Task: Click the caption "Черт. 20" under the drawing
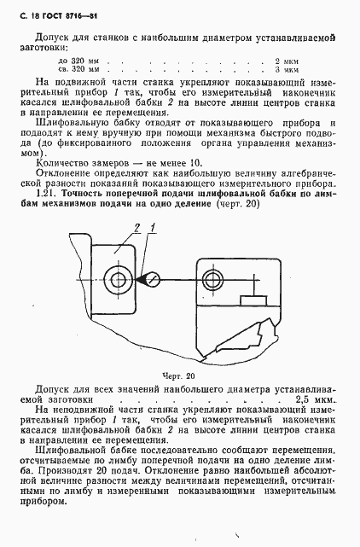[x=179, y=375]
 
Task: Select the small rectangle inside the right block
[x=254, y=300]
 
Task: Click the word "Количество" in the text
[x=64, y=161]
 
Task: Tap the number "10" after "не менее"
[x=172, y=161]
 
